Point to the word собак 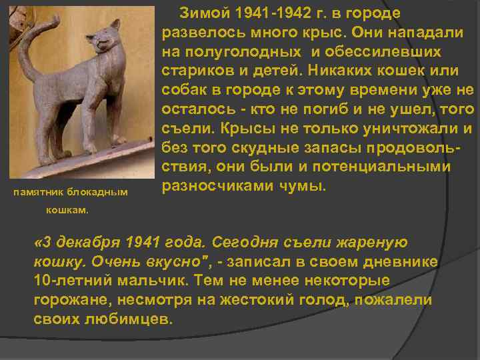click(x=185, y=90)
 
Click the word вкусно click(x=151, y=262)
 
